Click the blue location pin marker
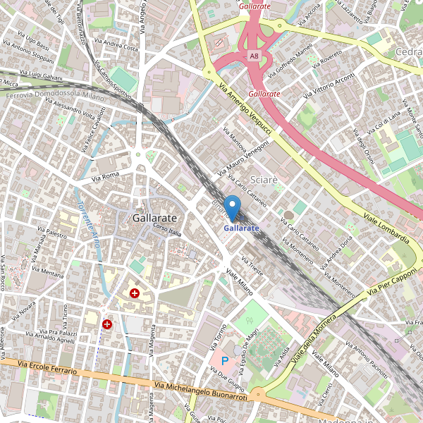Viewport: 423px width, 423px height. [232, 208]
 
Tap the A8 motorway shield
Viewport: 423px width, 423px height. [255, 55]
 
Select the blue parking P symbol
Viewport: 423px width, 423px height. [226, 361]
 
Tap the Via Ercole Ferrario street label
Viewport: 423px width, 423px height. [48, 367]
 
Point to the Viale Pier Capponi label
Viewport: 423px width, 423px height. [393, 280]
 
